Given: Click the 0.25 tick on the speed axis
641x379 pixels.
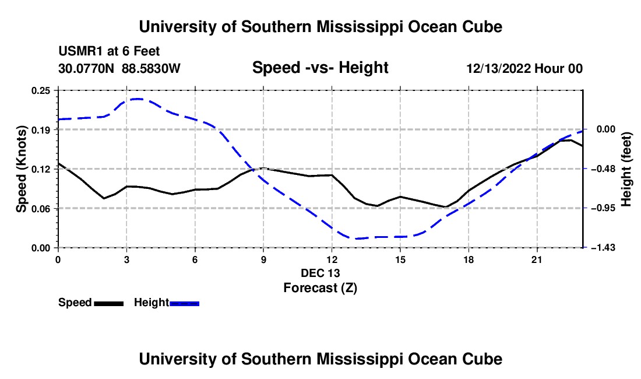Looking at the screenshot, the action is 40,90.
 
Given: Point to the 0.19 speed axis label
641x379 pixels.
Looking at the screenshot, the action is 40,130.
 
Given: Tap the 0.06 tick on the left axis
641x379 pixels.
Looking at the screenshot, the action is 40,209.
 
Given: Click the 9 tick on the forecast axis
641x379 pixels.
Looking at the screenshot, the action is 263,259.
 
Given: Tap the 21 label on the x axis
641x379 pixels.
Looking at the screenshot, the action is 537,259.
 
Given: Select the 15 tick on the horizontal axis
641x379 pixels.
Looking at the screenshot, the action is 400,259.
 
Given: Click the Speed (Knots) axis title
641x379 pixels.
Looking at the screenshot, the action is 21,169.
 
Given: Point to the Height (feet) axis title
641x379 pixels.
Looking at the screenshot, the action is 626,169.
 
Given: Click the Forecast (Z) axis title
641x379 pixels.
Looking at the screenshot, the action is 320,288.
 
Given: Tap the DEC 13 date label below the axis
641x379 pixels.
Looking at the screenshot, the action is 320,273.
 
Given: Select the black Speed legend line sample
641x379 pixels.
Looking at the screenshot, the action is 109,303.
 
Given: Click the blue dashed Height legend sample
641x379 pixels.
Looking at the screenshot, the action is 184,303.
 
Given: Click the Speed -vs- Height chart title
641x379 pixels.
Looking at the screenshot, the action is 320,68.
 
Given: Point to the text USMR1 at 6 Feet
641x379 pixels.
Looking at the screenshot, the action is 109,51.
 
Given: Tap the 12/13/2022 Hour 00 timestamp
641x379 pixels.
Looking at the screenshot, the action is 524,69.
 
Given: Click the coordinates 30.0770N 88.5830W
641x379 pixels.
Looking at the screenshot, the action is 119,69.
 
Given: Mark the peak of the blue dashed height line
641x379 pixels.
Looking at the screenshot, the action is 138,99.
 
